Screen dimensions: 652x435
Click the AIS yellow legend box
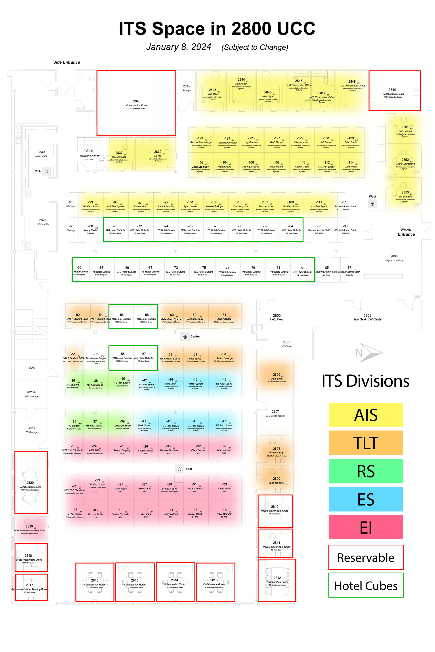pyautogui.click(x=366, y=415)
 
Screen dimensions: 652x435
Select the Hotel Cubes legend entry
pyautogui.click(x=366, y=586)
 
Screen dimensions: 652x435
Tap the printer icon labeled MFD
pyautogui.click(x=47, y=172)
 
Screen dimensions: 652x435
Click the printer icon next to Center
pyautogui.click(x=185, y=337)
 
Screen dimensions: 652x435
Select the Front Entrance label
pyautogui.click(x=406, y=232)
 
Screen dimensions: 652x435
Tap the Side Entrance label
pyautogui.click(x=67, y=62)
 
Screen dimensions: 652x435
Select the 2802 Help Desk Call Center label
pyautogui.click(x=367, y=317)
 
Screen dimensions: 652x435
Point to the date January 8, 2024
pyautogui.click(x=179, y=47)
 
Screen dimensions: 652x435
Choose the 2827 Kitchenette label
pyautogui.click(x=43, y=222)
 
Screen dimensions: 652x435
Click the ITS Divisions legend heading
pyautogui.click(x=365, y=381)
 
